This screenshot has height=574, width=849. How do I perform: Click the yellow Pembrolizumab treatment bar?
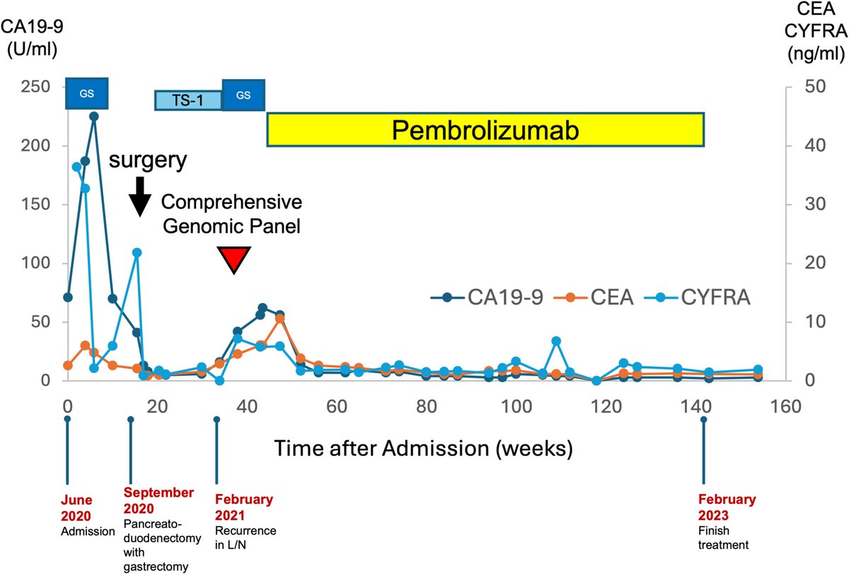coord(485,130)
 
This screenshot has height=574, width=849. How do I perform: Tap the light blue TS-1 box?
coord(188,100)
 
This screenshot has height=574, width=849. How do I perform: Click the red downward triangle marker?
coord(233,260)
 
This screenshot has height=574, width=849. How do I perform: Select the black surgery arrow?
coord(140,195)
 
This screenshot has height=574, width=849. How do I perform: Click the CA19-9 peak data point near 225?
coord(94,116)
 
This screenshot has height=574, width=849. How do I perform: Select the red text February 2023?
coord(727,505)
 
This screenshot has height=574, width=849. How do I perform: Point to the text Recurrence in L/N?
coord(246,537)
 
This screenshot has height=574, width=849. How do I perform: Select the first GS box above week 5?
coord(86,93)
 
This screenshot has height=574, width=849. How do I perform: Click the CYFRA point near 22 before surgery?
coord(137,252)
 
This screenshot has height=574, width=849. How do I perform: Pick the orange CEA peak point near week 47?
coord(280,318)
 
